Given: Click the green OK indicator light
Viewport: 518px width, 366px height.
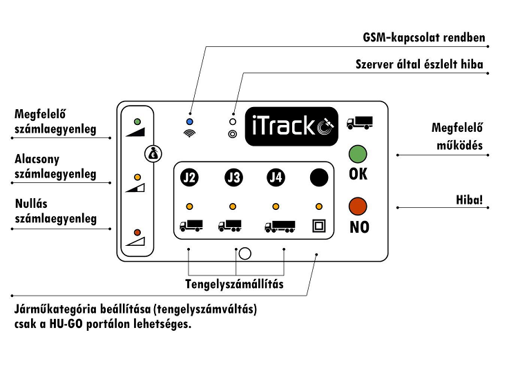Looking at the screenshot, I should pyautogui.click(x=358, y=153).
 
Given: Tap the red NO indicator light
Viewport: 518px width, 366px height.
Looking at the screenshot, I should pyautogui.click(x=358, y=205).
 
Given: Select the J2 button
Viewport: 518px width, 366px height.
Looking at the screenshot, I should pyautogui.click(x=189, y=177).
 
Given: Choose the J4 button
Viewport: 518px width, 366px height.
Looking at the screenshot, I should pyautogui.click(x=276, y=177).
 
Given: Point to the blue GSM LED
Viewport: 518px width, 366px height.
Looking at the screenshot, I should pyautogui.click(x=190, y=120).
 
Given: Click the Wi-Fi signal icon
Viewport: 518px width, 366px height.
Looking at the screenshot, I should pyautogui.click(x=190, y=133).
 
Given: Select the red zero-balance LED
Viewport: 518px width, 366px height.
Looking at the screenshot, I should pyautogui.click(x=137, y=232).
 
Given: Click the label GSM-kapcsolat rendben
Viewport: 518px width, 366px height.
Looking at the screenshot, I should pyautogui.click(x=424, y=37).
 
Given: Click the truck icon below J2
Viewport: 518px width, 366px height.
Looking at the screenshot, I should pyautogui.click(x=191, y=225).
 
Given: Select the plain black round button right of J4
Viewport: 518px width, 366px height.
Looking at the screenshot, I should pyautogui.click(x=318, y=177).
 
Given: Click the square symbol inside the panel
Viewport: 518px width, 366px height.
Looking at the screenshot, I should pyautogui.click(x=318, y=225).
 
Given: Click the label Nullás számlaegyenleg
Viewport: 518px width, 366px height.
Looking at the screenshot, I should pyautogui.click(x=55, y=212).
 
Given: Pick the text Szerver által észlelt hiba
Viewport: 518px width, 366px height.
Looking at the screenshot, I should pyautogui.click(x=419, y=66).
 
